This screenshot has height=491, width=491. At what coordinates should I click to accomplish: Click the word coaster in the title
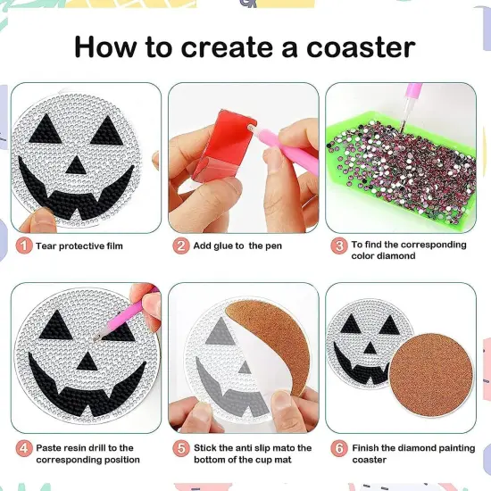coord(361,47)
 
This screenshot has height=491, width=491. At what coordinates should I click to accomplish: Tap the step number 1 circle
coord(24,245)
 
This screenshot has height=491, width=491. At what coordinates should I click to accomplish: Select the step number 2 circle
coord(181,245)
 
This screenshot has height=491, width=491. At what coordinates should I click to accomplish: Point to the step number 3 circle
coord(339,245)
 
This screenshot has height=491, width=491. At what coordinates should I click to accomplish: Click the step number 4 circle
coord(24,448)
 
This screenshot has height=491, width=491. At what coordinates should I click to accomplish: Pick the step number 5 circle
coord(181,448)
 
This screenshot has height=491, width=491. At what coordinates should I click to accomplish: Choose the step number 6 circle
coord(339,448)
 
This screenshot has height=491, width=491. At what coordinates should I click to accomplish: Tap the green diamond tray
coord(401,169)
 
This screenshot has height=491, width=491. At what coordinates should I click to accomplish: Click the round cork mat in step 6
coord(431,376)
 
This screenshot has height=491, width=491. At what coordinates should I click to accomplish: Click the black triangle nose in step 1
coord(76,166)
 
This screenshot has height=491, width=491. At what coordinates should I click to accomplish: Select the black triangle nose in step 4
coord(87,361)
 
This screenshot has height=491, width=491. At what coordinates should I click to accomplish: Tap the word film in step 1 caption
coord(114,246)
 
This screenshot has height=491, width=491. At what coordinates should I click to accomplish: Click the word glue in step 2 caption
coord(223,246)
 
